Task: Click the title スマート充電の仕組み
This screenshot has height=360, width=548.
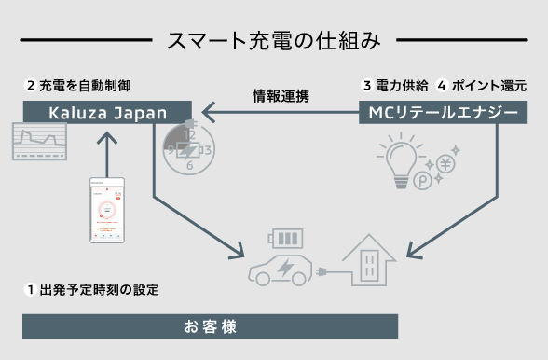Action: pos(273,41)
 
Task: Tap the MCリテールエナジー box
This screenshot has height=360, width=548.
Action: pos(444,113)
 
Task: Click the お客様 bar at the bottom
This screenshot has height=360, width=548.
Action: pos(210,326)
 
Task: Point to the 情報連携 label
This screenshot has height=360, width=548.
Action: pos(281,95)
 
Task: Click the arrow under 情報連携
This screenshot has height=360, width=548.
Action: pos(281,113)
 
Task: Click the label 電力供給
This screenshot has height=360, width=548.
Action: pos(402,85)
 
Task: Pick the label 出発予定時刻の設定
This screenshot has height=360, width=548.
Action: pos(99,289)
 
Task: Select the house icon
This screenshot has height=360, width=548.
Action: pos(369,260)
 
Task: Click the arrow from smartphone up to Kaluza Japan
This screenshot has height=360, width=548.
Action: pos(109,148)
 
